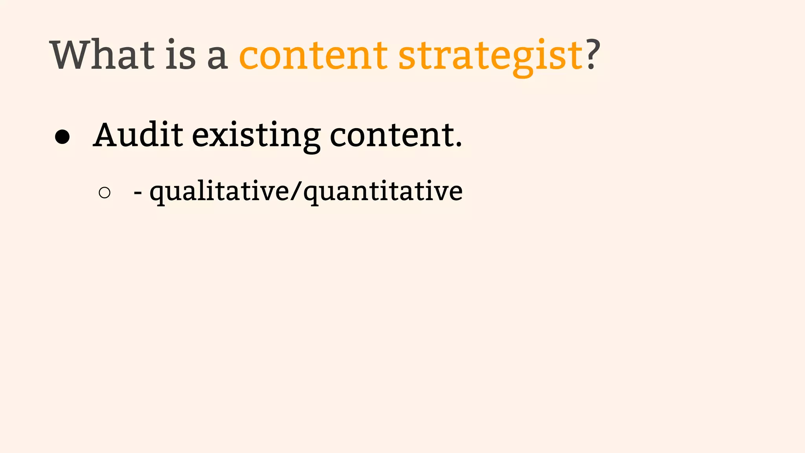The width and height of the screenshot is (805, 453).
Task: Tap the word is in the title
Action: pos(180,55)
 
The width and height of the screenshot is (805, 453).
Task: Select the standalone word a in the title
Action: pos(217,59)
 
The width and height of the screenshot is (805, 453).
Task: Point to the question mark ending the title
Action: pos(593,54)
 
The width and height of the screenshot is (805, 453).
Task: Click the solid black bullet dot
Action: pos(62,137)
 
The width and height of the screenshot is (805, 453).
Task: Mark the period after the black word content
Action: pos(458,145)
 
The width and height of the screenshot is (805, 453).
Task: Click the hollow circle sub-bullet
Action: pos(105,193)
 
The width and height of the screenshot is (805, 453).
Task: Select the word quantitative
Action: pos(383,192)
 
